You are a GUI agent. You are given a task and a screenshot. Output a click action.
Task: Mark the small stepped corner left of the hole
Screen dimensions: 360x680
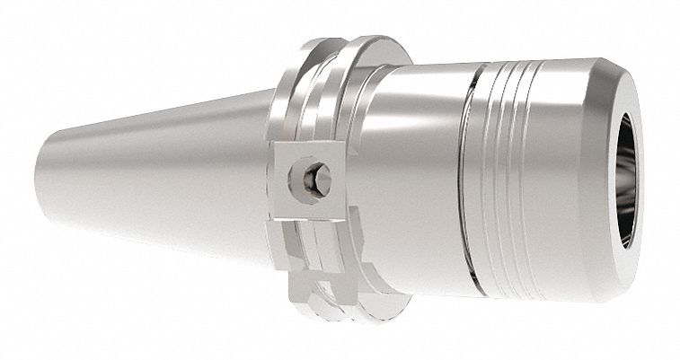pos(289,180)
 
